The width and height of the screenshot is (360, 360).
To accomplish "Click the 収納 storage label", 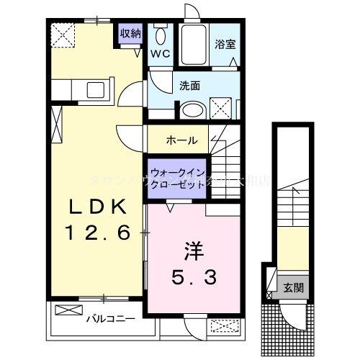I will click(130, 33).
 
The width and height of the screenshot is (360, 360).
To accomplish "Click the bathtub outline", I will click(192, 45).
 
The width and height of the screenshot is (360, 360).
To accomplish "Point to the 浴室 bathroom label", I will click(225, 43).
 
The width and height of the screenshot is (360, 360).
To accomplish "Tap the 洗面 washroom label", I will click(190, 86).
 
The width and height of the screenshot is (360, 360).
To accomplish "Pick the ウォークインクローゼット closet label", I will click(179, 177).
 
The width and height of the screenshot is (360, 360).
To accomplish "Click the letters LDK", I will click(99, 207).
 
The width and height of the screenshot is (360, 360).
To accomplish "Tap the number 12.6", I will click(99, 233).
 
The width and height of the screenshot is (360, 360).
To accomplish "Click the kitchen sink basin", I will click(96, 91).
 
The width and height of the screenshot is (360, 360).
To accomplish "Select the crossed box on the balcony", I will click(67, 311).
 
